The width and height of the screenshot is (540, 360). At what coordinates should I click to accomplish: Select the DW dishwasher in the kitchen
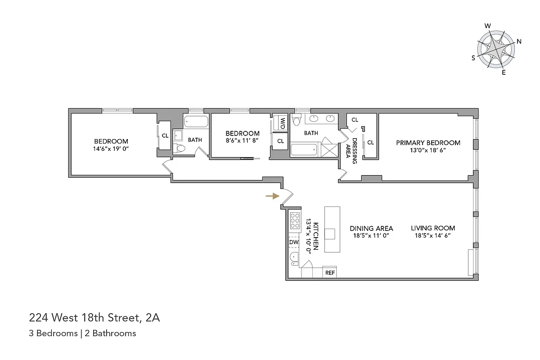pos(294,243)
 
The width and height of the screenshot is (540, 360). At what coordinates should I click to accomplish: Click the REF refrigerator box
pos(330,273)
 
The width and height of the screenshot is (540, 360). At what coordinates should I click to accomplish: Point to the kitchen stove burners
pos(295,221)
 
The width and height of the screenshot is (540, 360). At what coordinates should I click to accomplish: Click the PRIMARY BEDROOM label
pos(428,143)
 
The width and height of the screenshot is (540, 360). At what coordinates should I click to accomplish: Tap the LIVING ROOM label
pos(433,228)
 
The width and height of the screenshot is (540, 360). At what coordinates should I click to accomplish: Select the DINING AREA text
pos(371,228)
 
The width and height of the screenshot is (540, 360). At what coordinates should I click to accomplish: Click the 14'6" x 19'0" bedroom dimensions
pos(111,148)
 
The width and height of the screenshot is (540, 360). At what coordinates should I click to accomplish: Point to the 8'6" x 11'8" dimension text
pos(243,141)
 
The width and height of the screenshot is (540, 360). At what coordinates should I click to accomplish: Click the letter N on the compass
pos(519,42)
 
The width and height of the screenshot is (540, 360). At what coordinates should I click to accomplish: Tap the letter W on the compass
pos(487,26)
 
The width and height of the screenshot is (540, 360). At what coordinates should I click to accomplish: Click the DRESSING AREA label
pos(351,151)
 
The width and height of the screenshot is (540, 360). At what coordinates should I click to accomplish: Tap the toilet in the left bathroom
pos(180,148)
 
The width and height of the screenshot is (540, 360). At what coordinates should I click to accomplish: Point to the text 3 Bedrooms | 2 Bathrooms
pos(82,333)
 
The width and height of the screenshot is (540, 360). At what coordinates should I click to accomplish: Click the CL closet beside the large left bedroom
pos(165,135)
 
